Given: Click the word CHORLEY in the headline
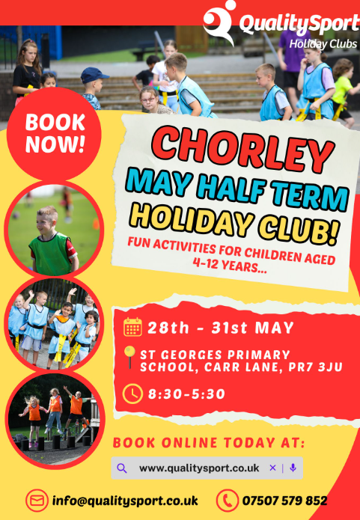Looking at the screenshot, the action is [242, 150].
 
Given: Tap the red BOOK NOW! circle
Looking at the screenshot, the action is [54, 134].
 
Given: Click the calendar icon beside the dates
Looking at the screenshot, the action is [132, 327].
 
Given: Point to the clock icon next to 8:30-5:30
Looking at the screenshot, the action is [132, 394].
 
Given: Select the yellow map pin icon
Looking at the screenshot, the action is [129, 357].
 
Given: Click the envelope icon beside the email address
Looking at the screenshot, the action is [37, 501].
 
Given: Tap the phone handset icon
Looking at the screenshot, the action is [228, 501].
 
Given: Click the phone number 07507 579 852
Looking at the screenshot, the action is [284, 501].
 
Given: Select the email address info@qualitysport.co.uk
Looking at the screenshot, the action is [125, 501].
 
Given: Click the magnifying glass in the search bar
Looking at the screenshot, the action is [122, 468].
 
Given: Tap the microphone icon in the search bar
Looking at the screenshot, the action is [293, 468].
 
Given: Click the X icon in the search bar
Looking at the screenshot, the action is [272, 468].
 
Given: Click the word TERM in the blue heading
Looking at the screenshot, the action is [310, 196].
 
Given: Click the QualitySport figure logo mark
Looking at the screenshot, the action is [219, 22].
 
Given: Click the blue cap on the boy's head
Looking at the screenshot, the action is [94, 76].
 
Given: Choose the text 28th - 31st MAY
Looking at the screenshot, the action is [221, 328].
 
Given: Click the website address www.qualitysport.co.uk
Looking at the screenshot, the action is [199, 468].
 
